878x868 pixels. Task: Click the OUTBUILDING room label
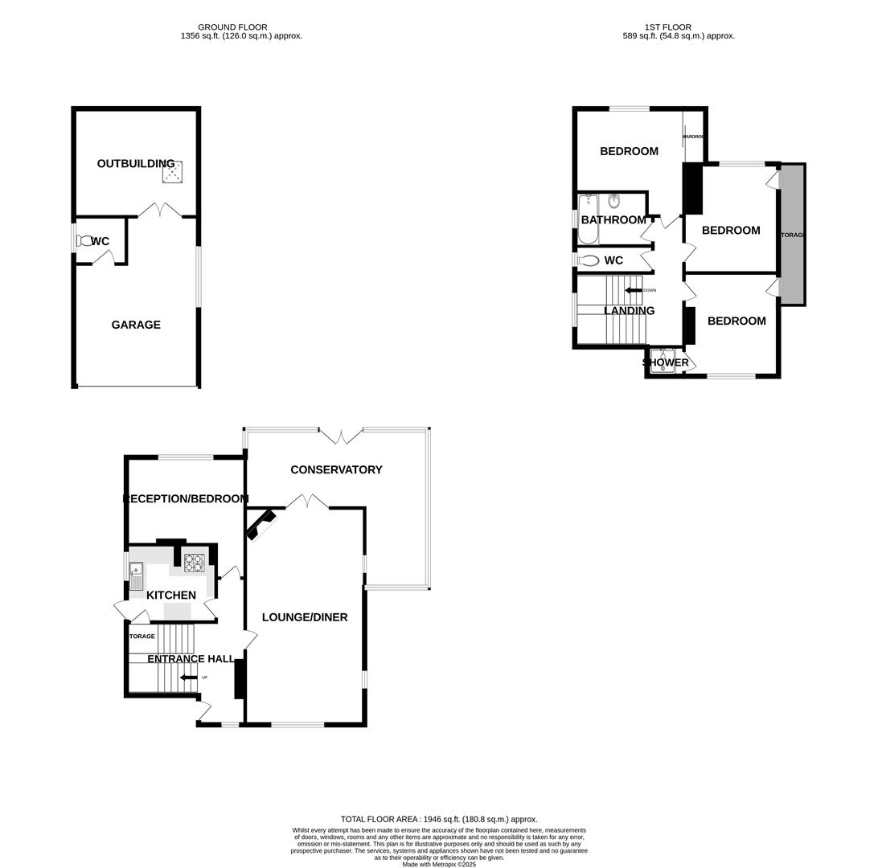(x=135, y=164)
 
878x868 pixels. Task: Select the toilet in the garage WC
(x=84, y=240)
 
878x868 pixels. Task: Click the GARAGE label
(x=136, y=325)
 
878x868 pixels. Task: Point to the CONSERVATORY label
(x=336, y=469)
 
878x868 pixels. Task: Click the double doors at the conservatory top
(x=341, y=436)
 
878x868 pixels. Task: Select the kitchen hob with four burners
(x=194, y=563)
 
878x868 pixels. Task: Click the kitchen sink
(x=136, y=576)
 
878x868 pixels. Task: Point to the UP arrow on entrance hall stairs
(x=189, y=678)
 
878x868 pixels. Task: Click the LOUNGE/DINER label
(x=305, y=617)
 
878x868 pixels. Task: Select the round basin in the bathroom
(x=614, y=201)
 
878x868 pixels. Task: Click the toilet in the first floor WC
(x=589, y=260)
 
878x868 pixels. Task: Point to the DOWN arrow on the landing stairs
(x=634, y=290)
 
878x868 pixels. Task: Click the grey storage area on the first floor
(x=792, y=235)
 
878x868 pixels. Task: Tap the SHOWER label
(x=666, y=362)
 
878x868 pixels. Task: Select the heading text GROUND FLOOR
(x=232, y=27)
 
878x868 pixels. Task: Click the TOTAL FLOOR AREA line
(x=439, y=819)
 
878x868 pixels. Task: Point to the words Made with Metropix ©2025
(x=439, y=864)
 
